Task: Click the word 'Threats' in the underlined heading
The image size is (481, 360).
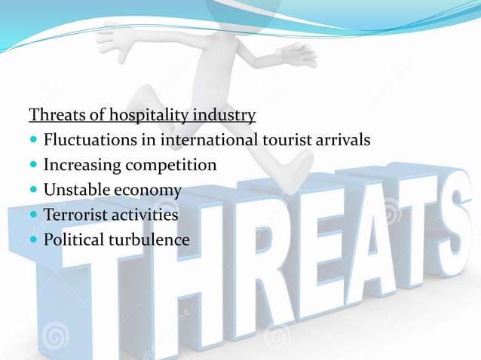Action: click(x=54, y=115)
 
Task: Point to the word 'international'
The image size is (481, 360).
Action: click(x=207, y=140)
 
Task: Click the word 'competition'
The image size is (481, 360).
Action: click(x=170, y=165)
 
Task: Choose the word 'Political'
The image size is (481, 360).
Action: click(x=72, y=240)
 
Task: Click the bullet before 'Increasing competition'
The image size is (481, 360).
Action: click(x=35, y=166)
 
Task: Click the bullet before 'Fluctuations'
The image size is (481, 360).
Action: click(x=35, y=141)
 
